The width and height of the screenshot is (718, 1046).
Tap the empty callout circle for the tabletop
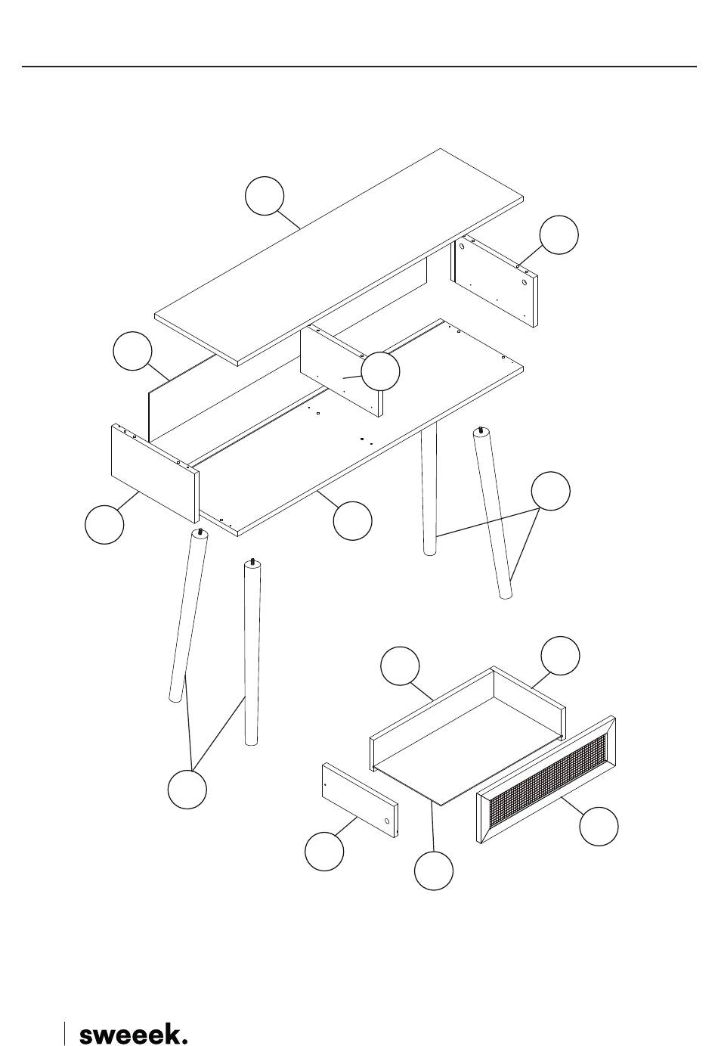265,196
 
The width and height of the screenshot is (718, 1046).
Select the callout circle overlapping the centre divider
380,371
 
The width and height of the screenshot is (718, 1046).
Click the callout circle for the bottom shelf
353,520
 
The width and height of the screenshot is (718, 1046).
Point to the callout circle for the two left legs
187,790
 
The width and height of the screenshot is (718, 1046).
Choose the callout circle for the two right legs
551,491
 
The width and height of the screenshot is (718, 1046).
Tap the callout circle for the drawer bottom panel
434,871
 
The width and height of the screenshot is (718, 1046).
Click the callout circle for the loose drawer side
324,852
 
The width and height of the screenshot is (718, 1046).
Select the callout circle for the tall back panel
132,351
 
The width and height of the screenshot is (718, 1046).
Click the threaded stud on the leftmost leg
200,532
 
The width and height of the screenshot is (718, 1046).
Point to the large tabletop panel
339,257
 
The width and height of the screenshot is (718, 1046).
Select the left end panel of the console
155,473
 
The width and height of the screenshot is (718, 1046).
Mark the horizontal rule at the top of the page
359,67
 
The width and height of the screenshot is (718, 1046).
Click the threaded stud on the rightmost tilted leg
480,430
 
